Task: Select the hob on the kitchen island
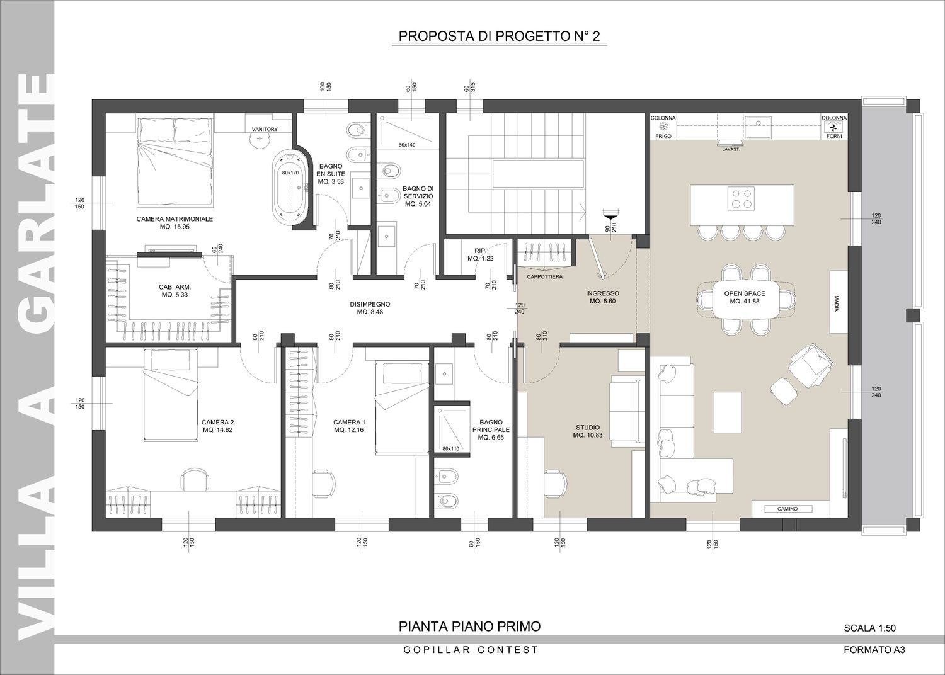point(742,199)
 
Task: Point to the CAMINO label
point(787,509)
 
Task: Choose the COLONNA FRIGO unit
point(663,127)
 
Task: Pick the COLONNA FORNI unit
point(834,127)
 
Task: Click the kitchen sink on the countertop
point(758,127)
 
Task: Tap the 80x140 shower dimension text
point(407,145)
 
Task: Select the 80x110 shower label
point(450,448)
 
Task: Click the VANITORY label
point(265,129)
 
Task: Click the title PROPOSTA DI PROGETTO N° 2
point(499,37)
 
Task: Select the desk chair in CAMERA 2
point(195,479)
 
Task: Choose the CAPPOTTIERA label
point(545,277)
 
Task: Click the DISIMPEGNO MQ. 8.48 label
point(370,308)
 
